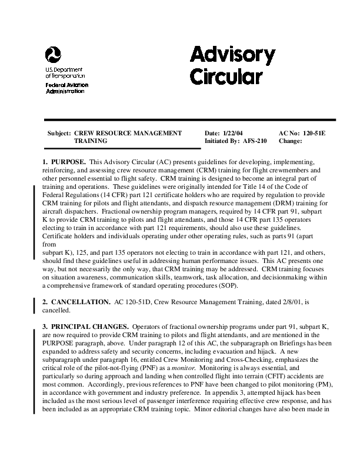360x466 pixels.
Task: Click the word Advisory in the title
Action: point(232,56)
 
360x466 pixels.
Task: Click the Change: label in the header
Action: point(290,141)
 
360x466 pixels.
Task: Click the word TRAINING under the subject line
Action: point(91,141)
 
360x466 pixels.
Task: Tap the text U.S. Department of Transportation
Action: point(65,72)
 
